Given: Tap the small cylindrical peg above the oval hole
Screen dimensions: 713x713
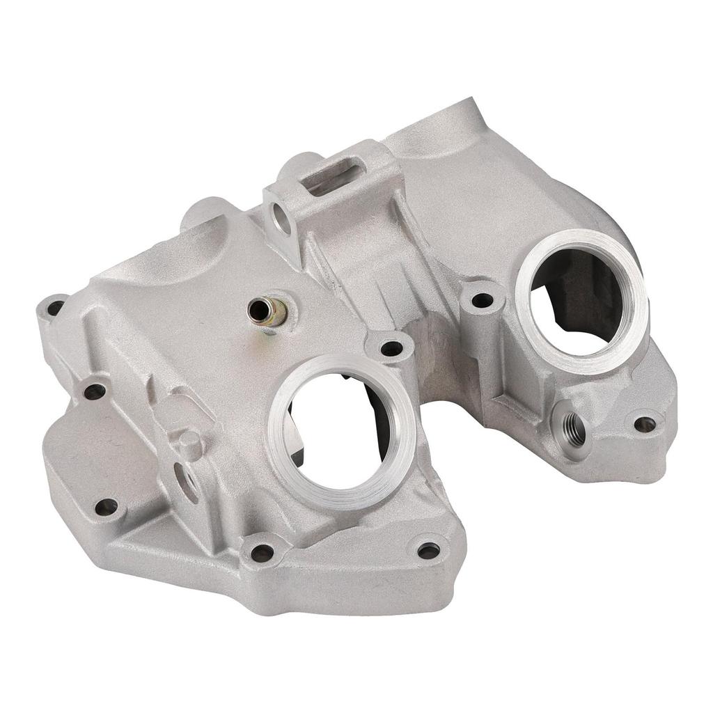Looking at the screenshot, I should [189, 443].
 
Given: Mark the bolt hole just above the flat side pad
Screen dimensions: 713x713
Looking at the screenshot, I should [94, 391].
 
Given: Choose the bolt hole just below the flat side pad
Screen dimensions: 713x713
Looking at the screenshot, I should [106, 507].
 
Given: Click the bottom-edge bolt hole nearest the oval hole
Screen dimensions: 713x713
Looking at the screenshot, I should [262, 553].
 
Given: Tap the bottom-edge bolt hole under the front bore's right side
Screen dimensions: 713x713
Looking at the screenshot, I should [428, 551].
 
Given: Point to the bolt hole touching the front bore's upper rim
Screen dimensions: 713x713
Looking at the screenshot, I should [391, 348].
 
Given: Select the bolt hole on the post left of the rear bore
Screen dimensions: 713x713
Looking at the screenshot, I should [482, 301].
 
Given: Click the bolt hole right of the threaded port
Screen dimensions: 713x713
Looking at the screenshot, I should [645, 423].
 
